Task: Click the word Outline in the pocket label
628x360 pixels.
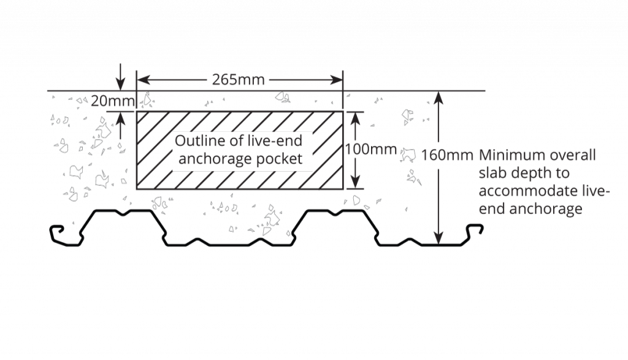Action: click(x=195, y=141)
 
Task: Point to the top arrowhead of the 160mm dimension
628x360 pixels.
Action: click(x=437, y=97)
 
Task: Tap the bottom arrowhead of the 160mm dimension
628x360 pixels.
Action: click(x=437, y=237)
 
